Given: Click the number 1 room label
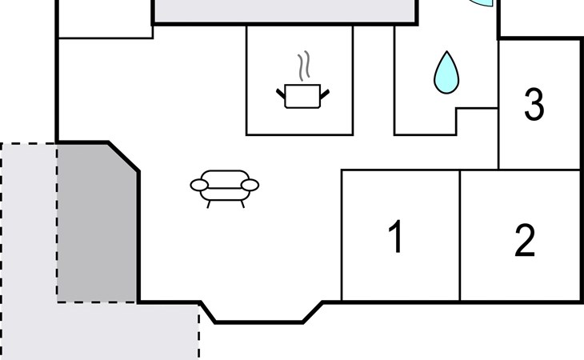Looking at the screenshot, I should [x=395, y=238].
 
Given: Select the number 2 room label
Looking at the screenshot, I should [x=524, y=241].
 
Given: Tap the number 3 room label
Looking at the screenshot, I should [x=534, y=105].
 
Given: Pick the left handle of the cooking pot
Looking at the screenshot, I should [x=281, y=94].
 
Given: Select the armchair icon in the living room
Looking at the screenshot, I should [x=225, y=187].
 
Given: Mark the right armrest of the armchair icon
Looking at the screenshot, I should [x=250, y=186].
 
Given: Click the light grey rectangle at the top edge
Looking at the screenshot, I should [x=284, y=10].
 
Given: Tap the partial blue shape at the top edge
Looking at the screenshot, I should [x=483, y=3].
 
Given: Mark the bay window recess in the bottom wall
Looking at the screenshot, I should [x=260, y=313].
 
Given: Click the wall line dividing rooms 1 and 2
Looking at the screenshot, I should [x=460, y=235].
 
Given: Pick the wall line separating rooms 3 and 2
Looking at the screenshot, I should [x=540, y=170].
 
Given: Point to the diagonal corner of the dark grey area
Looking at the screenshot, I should [x=123, y=157].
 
